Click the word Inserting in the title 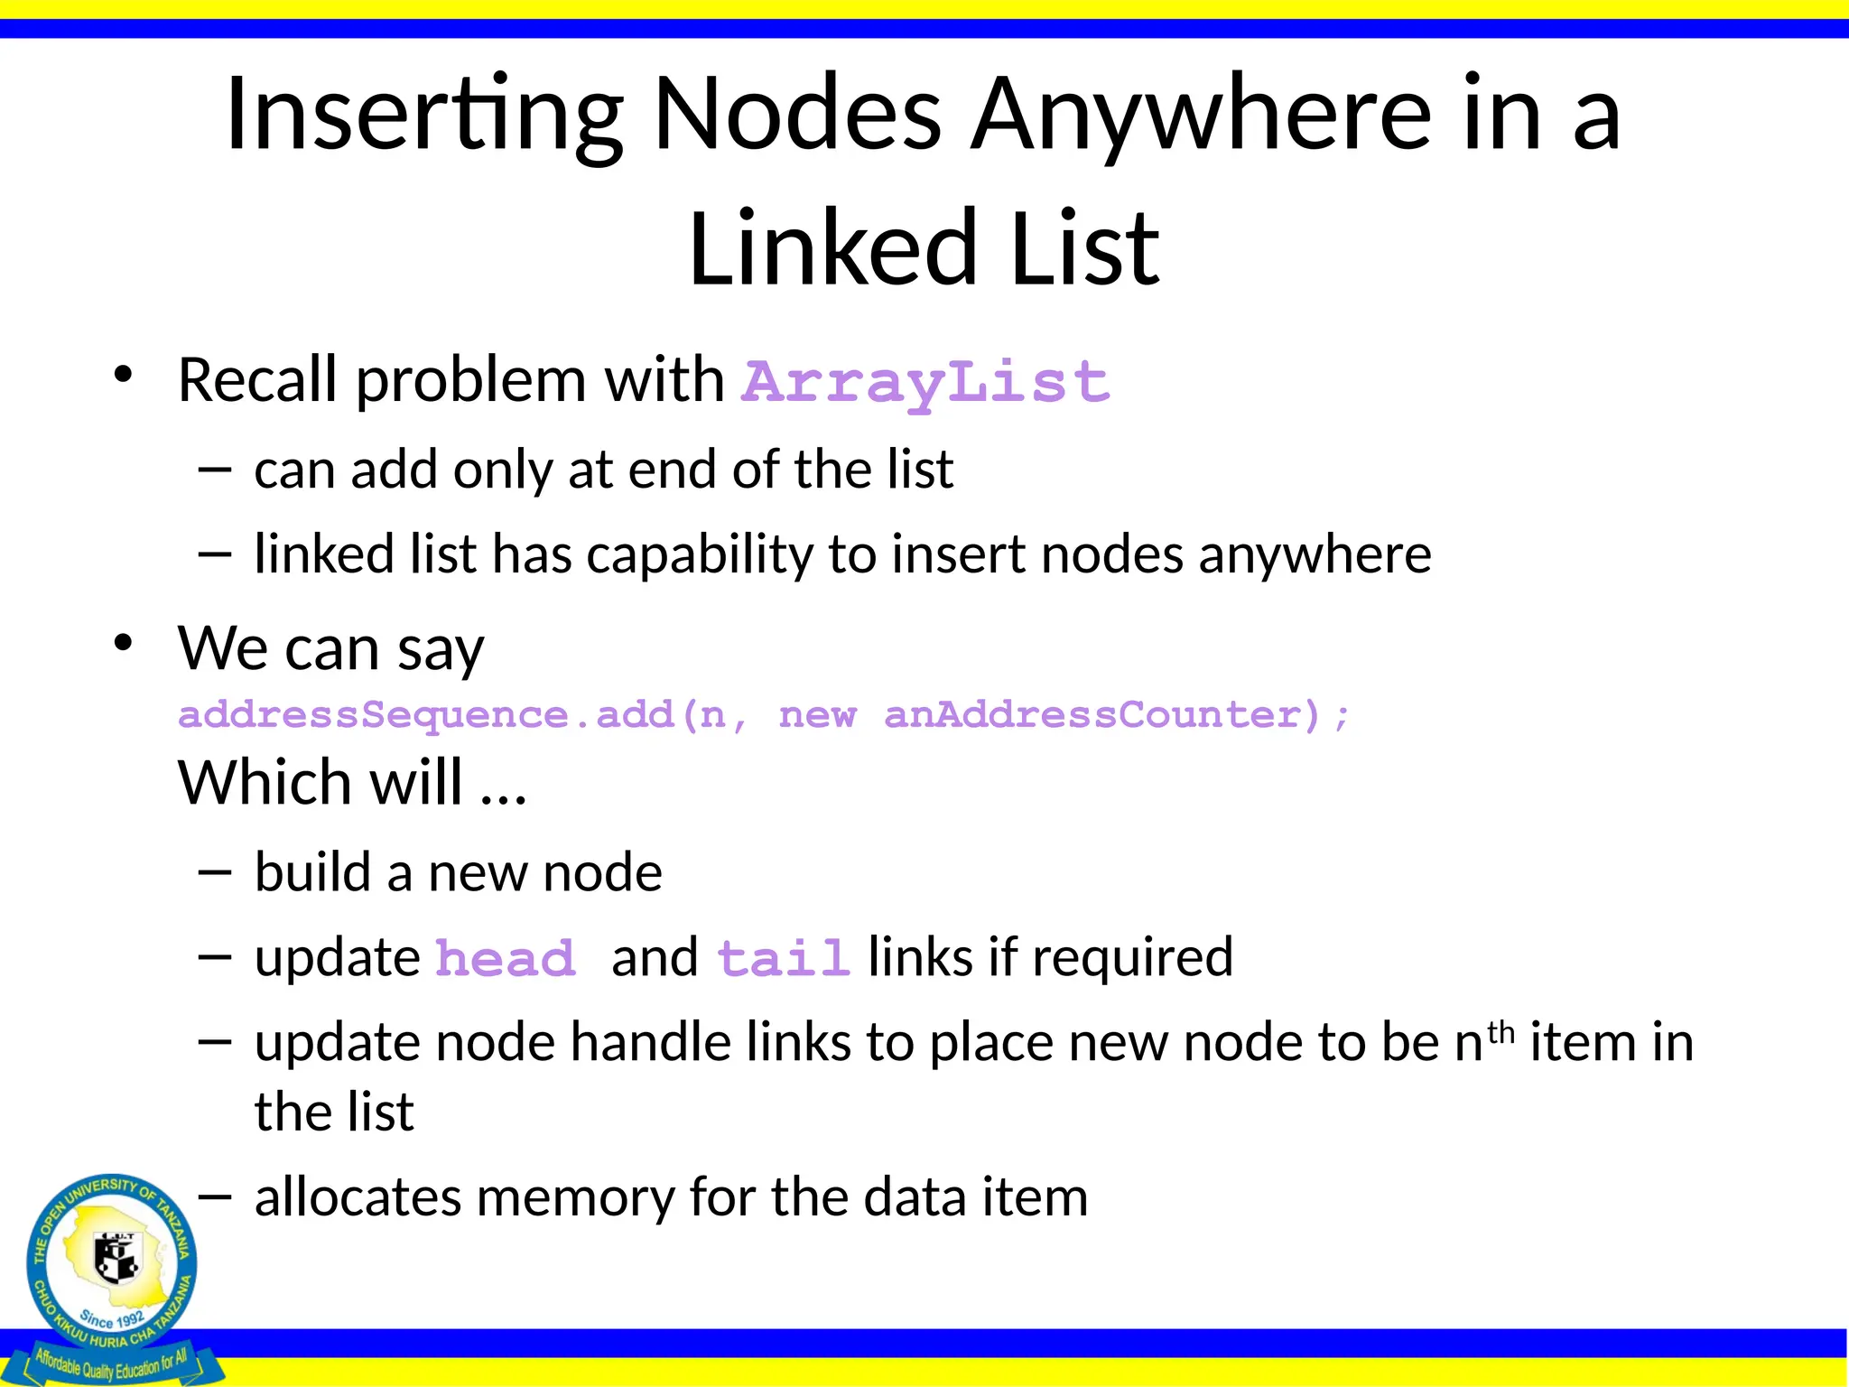(424, 115)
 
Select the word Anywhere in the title (1201, 115)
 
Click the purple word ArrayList (925, 381)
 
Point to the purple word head (506, 959)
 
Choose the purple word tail (784, 959)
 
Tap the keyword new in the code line (817, 715)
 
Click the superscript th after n (1501, 1031)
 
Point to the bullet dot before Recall (124, 375)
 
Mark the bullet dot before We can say (124, 643)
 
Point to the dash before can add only (215, 469)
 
